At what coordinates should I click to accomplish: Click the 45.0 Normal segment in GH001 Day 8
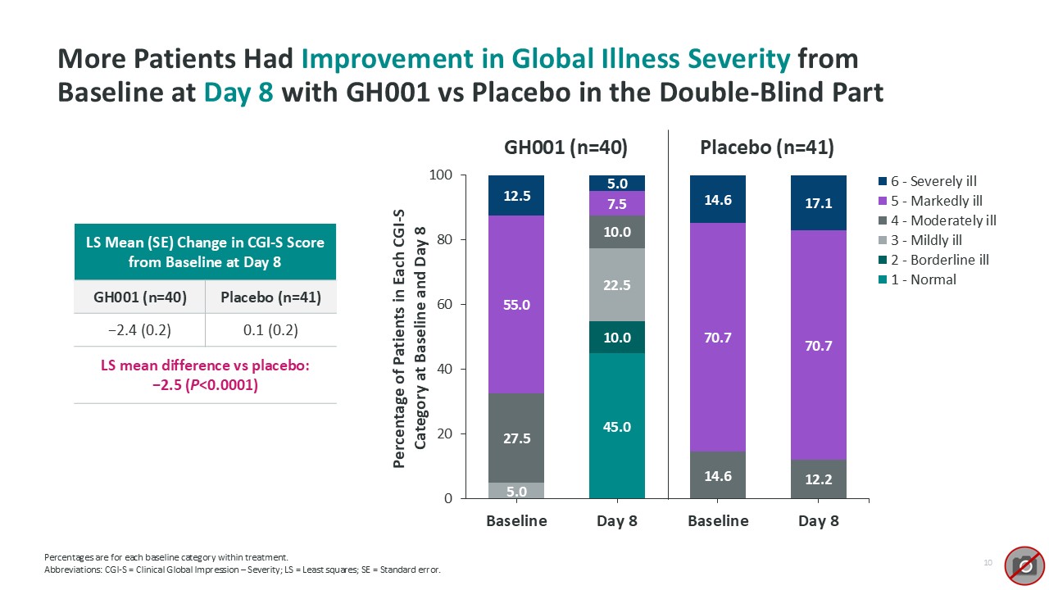tap(617, 426)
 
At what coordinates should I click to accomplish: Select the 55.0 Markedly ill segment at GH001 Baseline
tap(516, 305)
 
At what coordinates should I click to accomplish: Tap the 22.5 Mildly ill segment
tap(617, 285)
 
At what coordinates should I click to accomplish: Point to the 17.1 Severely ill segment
tap(819, 203)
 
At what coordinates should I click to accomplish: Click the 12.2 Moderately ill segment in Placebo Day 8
tap(819, 479)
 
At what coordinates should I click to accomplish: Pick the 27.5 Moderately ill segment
tap(516, 438)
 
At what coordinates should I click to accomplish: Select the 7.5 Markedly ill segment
tap(617, 203)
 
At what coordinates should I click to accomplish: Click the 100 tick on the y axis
tap(444, 175)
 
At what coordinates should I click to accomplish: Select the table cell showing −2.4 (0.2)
tap(139, 330)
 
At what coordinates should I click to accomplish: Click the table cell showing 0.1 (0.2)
tap(270, 330)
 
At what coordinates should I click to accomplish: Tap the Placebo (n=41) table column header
tap(270, 297)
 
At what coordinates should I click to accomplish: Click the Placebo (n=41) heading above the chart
tap(767, 147)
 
